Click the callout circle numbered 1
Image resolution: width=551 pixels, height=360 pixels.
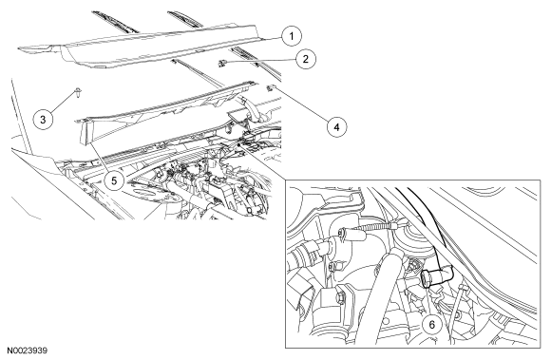click(x=292, y=36)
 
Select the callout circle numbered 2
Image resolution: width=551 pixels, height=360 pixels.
click(x=305, y=59)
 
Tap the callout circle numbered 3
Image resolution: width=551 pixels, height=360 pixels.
click(x=43, y=120)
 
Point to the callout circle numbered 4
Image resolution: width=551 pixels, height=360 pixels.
click(x=336, y=126)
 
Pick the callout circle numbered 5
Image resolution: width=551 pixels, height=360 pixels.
click(x=114, y=180)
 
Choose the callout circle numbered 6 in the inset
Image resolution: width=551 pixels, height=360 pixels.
click(x=432, y=325)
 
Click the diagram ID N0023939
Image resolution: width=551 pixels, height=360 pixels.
click(x=28, y=351)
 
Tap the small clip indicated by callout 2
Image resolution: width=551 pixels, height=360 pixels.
click(x=221, y=64)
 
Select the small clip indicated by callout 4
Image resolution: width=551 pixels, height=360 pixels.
click(x=271, y=87)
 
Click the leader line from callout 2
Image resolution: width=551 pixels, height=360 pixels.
click(x=260, y=61)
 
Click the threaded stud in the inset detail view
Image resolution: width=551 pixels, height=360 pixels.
click(x=372, y=227)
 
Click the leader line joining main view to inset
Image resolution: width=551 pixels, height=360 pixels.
click(x=262, y=162)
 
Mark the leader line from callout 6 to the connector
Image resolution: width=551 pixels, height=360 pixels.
click(x=429, y=301)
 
